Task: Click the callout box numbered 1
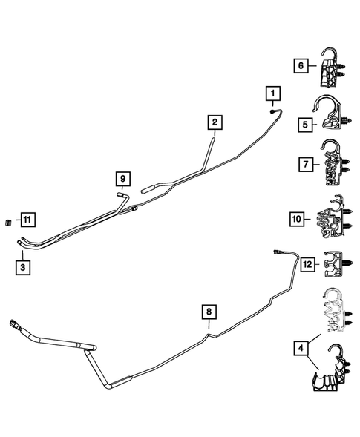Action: pyautogui.click(x=273, y=93)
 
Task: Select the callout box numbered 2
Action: pyautogui.click(x=214, y=122)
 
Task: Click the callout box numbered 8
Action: pyautogui.click(x=209, y=312)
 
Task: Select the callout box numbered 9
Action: pyautogui.click(x=122, y=178)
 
